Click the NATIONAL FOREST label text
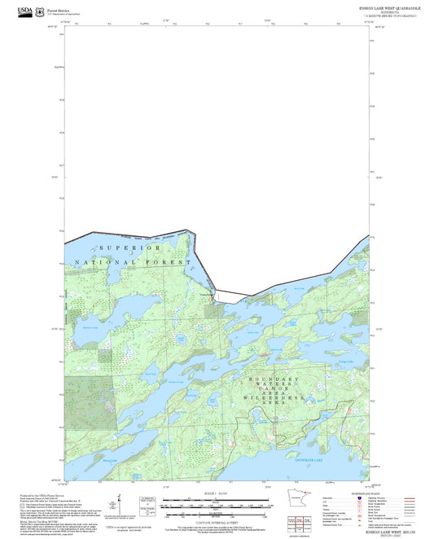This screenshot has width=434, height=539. (x=132, y=262)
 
